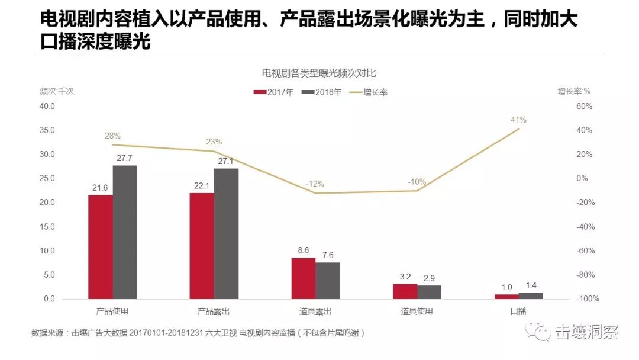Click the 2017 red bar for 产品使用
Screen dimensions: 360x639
(x=101, y=247)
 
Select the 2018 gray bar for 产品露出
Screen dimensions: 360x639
(x=226, y=234)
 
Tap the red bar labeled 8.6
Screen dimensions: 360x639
(x=303, y=278)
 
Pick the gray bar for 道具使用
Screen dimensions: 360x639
(x=429, y=292)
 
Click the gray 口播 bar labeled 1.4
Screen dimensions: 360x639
(x=531, y=295)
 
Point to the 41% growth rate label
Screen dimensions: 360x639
(x=518, y=120)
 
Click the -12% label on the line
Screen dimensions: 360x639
(x=315, y=184)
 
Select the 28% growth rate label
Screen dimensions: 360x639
(x=112, y=136)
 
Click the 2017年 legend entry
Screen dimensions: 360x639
(x=273, y=92)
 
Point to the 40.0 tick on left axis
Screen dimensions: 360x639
(x=47, y=107)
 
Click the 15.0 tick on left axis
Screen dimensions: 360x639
(x=47, y=227)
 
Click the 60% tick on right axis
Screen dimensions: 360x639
(x=584, y=107)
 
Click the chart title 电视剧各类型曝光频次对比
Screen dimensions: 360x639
(x=319, y=73)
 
